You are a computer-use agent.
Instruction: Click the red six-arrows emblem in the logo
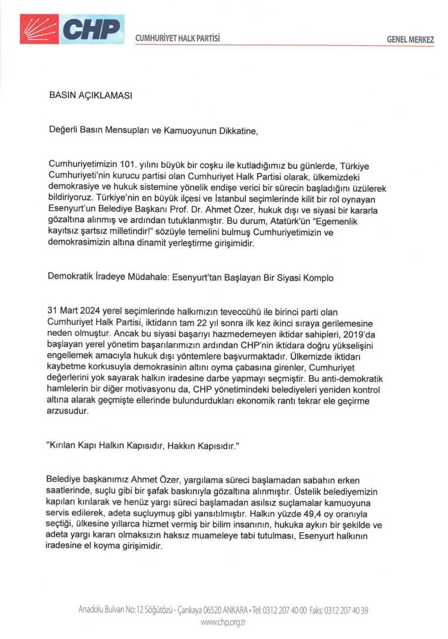[x=38, y=28]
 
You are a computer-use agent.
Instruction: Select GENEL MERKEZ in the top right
[x=410, y=39]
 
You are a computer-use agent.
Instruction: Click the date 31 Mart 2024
[x=77, y=309]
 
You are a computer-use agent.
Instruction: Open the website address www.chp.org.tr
[x=223, y=622]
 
